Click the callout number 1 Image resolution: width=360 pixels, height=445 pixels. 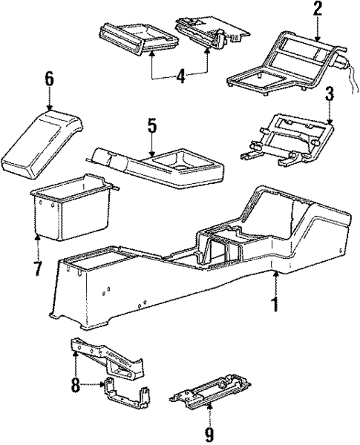(x=276, y=304)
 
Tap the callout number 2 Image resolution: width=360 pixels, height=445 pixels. (x=317, y=10)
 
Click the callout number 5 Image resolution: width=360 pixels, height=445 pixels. (x=152, y=125)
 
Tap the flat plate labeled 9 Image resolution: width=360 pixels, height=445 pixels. (x=212, y=393)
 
